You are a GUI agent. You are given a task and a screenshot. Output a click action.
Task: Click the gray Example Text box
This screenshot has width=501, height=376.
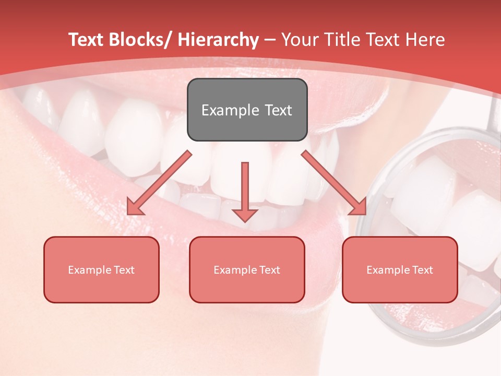pyautogui.click(x=247, y=110)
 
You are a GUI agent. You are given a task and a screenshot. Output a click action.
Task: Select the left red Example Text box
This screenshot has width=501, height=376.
pyautogui.click(x=101, y=269)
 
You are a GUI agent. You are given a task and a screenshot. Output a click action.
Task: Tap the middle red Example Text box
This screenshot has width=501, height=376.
pyautogui.click(x=247, y=269)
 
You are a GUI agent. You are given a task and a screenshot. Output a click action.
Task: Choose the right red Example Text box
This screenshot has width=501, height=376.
pyautogui.click(x=400, y=269)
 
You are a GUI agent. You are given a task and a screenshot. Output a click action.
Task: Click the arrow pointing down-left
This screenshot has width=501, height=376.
pyautogui.click(x=160, y=182)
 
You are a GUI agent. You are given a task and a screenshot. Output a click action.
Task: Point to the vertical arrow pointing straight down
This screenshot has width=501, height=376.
pyautogui.click(x=245, y=191)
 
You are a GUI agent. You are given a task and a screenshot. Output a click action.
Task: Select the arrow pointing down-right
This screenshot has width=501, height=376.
pyautogui.click(x=334, y=182)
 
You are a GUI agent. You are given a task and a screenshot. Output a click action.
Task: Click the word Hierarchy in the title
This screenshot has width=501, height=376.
pyautogui.click(x=218, y=40)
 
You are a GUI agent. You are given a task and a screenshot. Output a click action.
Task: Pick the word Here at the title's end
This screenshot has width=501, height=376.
pyautogui.click(x=425, y=40)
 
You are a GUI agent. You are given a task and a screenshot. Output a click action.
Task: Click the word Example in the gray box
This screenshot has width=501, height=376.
pyautogui.click(x=223, y=110)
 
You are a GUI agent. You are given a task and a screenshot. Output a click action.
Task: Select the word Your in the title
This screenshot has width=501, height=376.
pyautogui.click(x=299, y=40)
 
